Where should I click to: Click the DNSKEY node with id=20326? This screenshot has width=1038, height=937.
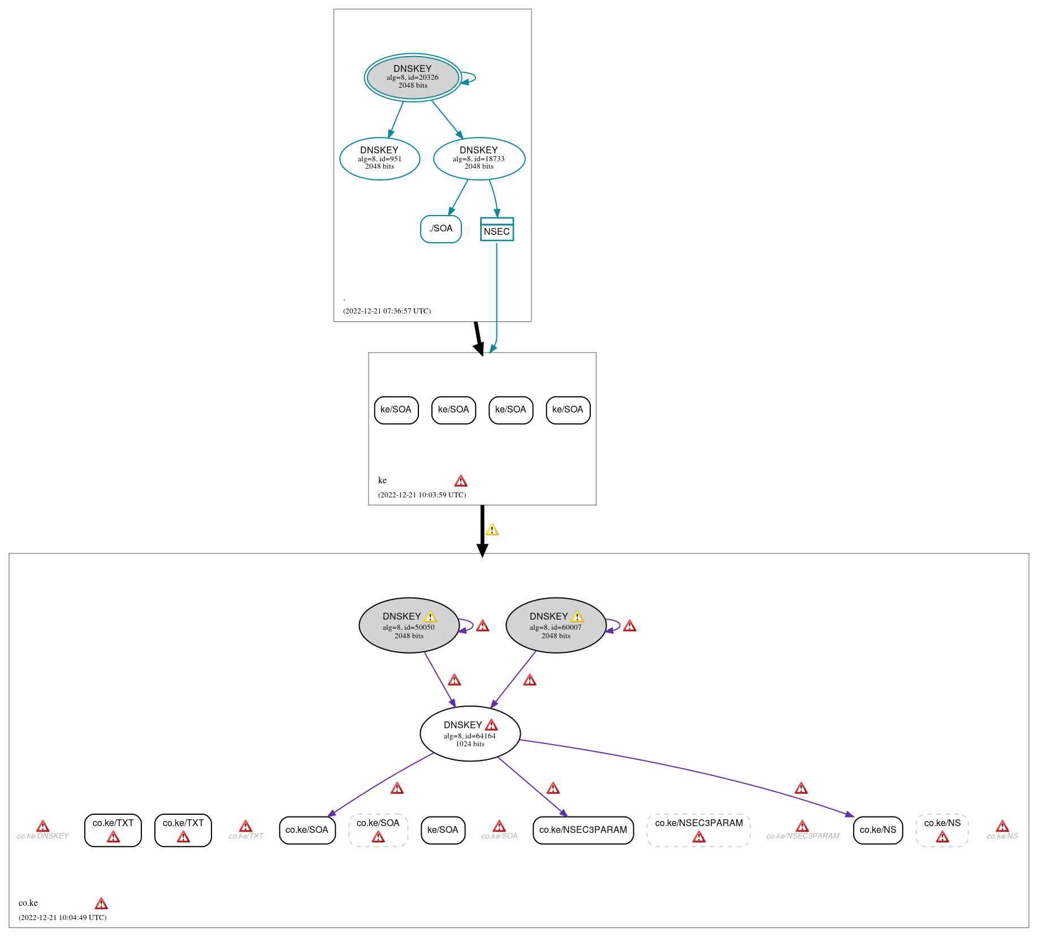click(413, 78)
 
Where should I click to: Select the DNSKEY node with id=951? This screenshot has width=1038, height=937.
click(379, 158)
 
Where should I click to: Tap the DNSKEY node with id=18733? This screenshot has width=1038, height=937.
click(479, 158)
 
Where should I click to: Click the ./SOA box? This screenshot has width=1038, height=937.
click(440, 229)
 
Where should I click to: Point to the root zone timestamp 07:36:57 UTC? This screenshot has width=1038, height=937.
click(387, 311)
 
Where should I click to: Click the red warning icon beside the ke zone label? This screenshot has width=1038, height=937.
click(461, 481)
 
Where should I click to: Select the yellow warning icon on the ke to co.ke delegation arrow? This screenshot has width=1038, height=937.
click(492, 530)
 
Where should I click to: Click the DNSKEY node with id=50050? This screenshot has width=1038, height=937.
click(409, 625)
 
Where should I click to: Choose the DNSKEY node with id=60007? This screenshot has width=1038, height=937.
click(556, 625)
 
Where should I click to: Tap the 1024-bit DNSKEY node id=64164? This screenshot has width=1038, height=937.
click(470, 733)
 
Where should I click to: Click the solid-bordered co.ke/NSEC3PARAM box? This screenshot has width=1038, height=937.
click(583, 830)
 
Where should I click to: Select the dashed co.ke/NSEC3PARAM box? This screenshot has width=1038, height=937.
click(699, 830)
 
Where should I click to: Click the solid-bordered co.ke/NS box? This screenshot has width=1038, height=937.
click(877, 830)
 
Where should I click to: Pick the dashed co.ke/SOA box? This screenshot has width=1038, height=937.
click(378, 830)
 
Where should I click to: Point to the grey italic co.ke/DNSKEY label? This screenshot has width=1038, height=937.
click(43, 836)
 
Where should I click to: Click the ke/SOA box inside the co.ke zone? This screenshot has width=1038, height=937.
click(443, 830)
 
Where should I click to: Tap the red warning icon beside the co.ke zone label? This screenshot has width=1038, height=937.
click(101, 903)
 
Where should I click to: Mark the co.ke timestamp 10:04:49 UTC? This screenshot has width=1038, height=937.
click(62, 917)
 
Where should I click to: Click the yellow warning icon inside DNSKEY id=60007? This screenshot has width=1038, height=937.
click(577, 617)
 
